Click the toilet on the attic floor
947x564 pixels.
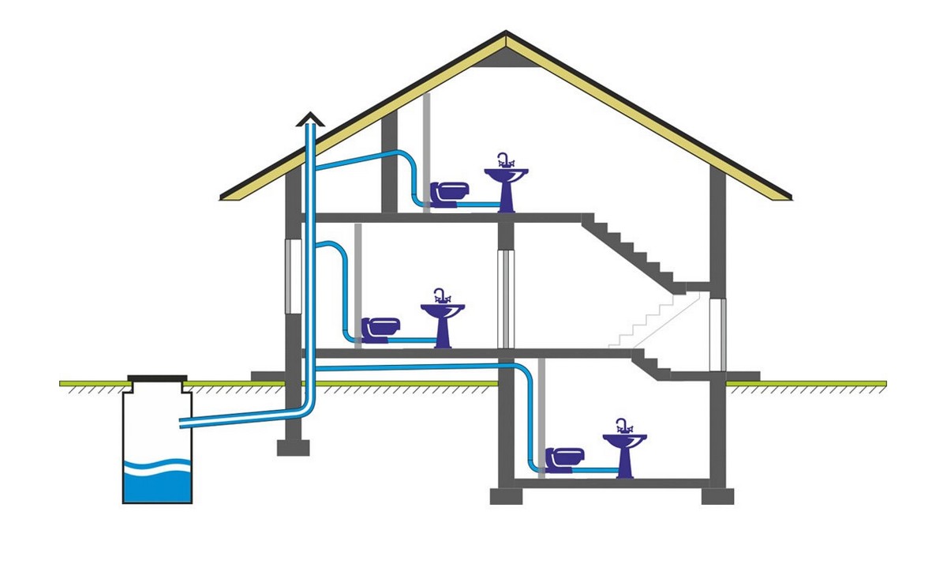tap(450, 192)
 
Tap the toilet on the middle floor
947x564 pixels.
tap(382, 327)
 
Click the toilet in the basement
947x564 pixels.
tap(568, 457)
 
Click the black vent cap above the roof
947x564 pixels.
tap(310, 120)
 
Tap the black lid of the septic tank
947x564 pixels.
tap(158, 380)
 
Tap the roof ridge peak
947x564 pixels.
tap(506, 35)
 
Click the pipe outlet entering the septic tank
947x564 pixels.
tap(185, 424)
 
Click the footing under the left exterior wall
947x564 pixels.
tap(292, 448)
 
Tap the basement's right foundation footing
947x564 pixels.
tap(717, 495)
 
